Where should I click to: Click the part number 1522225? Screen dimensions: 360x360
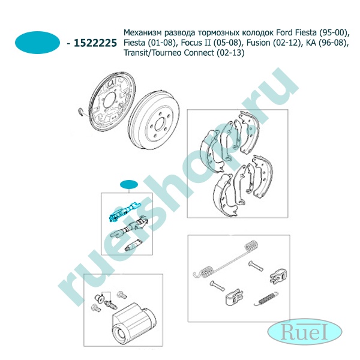coord(95,43)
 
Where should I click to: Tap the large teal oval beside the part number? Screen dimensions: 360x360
coord(37,43)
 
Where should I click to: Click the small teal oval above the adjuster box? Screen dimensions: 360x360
coord(129,184)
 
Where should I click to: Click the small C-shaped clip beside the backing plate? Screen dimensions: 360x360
coord(81,112)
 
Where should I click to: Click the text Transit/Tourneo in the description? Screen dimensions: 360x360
coord(152,53)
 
